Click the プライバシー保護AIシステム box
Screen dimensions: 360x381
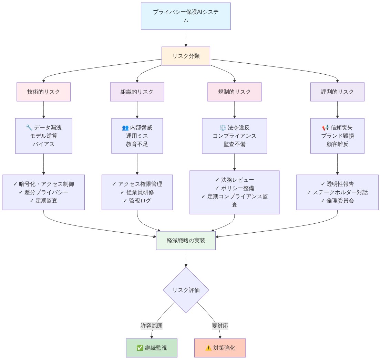(x=186, y=16)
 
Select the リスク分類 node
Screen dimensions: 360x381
(x=186, y=56)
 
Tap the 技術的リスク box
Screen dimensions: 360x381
(x=44, y=92)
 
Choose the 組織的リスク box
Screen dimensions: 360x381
(x=137, y=92)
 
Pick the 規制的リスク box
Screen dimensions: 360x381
(x=235, y=92)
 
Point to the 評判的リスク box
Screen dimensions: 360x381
(x=337, y=92)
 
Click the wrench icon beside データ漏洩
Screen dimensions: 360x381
(x=29, y=128)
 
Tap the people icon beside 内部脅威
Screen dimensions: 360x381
(x=125, y=128)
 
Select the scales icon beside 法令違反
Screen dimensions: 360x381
(x=223, y=128)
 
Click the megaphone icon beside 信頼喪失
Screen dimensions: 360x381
(x=326, y=128)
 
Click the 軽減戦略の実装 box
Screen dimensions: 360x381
(x=186, y=241)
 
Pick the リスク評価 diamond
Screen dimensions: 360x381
(x=186, y=290)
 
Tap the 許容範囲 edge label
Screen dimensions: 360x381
(x=152, y=326)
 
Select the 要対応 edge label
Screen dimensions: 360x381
(x=220, y=326)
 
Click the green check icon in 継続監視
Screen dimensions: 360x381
(x=140, y=348)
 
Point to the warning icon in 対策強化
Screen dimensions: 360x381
(x=208, y=348)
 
